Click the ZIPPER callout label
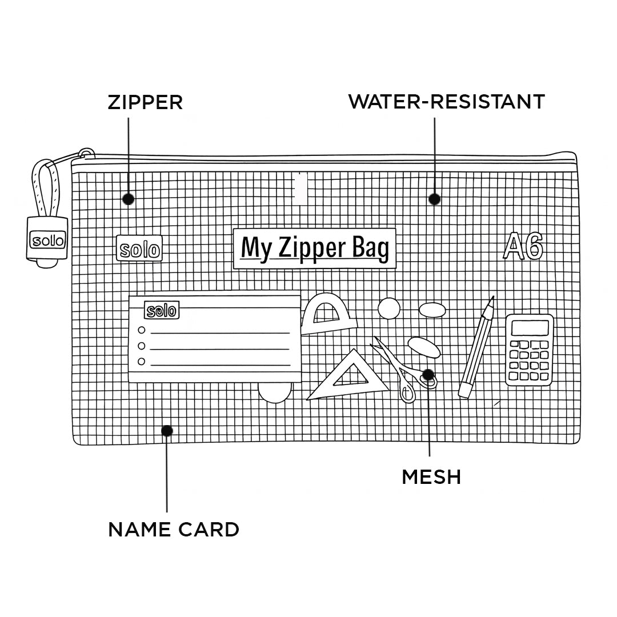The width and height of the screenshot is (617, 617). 145,102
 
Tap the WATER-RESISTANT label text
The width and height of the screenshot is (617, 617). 446,102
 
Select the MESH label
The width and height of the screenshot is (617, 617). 431,476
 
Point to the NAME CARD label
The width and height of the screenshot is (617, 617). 174,530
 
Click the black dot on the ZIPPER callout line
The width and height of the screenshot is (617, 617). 129,199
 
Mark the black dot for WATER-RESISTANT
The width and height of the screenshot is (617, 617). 435,199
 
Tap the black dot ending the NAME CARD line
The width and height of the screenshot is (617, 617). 167,431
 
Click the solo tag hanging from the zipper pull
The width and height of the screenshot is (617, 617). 48,241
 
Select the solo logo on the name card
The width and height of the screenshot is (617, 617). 162,310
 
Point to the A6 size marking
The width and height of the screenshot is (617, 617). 523,247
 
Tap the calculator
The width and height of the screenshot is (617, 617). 530,350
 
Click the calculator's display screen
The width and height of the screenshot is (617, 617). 530,327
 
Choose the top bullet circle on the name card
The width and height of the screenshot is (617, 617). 141,330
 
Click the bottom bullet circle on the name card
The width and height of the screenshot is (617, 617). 141,361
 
